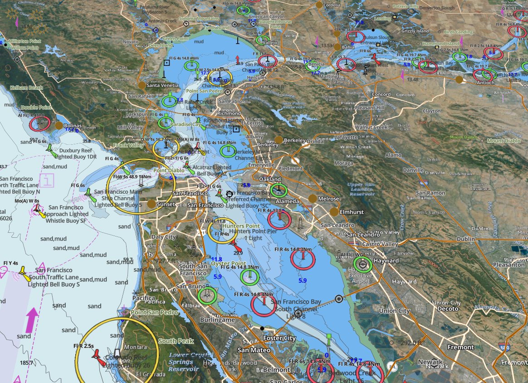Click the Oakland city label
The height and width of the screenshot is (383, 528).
click(270, 179)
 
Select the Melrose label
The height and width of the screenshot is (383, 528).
click(328, 199)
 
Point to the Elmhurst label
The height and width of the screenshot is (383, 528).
click(352, 211)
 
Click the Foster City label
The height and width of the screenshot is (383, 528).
click(280, 339)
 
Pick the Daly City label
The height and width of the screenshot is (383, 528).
click(163, 237)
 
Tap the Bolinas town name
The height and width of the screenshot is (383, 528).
click(73, 126)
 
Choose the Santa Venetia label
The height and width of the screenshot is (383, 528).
click(162, 85)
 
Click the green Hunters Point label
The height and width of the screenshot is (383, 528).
click(240, 226)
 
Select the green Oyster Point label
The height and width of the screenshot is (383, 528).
click(229, 264)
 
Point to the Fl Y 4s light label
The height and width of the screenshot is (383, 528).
click(10, 263)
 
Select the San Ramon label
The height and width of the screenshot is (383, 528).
click(430, 193)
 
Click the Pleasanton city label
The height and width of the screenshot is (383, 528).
click(508, 264)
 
